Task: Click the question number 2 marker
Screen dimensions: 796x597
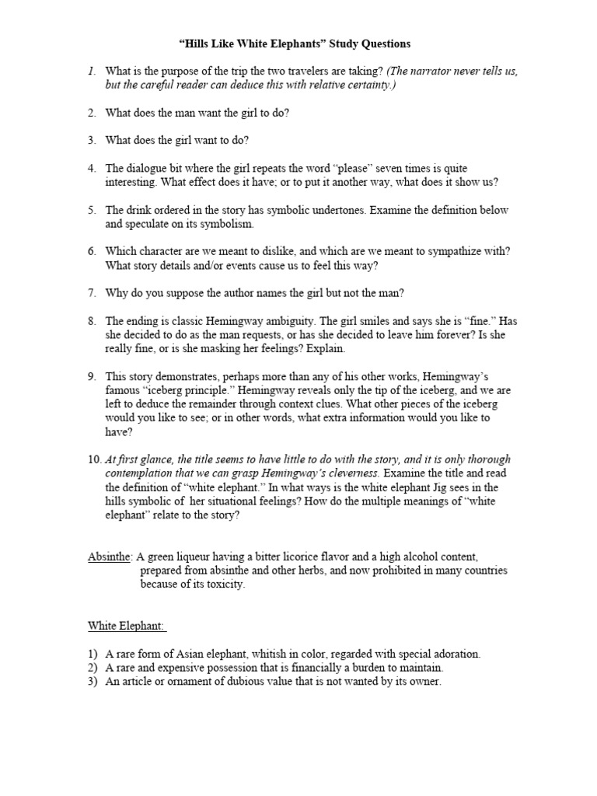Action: point(91,113)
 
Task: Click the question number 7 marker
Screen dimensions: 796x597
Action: point(91,293)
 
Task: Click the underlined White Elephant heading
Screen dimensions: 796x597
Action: point(126,626)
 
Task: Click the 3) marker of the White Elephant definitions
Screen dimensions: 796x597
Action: point(93,682)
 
